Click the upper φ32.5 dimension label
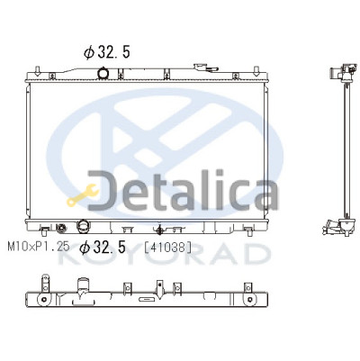click(107, 52)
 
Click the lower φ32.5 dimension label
click(103, 248)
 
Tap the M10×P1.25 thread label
click(39, 247)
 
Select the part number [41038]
click(167, 248)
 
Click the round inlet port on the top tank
click(103, 73)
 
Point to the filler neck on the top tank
click(205, 68)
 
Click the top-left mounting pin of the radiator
click(37, 71)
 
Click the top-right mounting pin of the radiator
click(256, 71)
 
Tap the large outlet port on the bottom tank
click(83, 226)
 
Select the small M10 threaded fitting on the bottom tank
click(61, 229)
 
